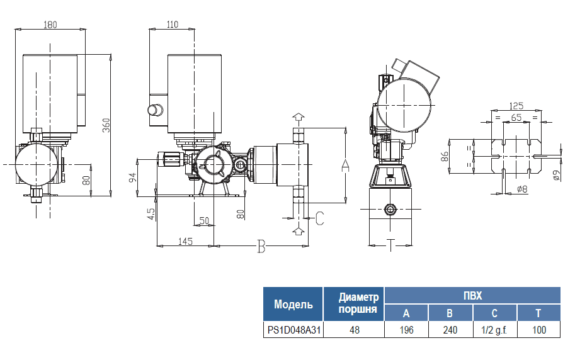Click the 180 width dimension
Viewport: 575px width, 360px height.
pyautogui.click(x=50, y=25)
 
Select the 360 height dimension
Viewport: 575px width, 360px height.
pyautogui.click(x=106, y=126)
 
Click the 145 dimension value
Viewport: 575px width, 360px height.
pyautogui.click(x=185, y=241)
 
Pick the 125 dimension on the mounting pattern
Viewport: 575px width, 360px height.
pyautogui.click(x=516, y=106)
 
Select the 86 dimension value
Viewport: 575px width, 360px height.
pyautogui.click(x=444, y=157)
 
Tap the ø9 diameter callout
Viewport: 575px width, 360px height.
pyautogui.click(x=556, y=176)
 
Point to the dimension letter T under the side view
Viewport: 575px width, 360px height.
pyautogui.click(x=390, y=245)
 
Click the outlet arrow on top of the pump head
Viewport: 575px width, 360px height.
pyautogui.click(x=298, y=118)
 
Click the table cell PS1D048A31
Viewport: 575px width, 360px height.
pyautogui.click(x=293, y=330)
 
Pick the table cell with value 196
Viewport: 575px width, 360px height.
pyautogui.click(x=406, y=330)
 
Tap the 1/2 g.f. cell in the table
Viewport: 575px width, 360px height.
pyautogui.click(x=494, y=330)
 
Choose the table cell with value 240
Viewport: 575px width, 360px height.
pyautogui.click(x=450, y=330)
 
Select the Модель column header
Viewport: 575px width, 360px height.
pyautogui.click(x=293, y=305)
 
